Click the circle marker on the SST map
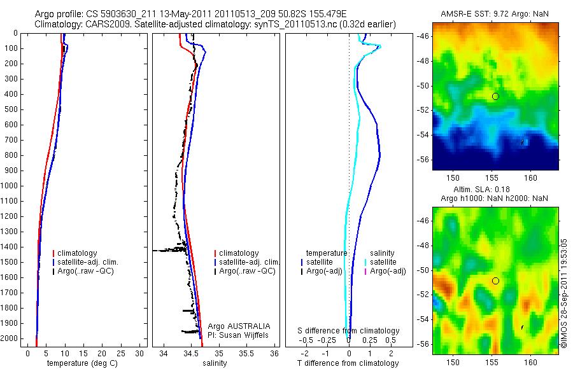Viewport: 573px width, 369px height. click(x=495, y=96)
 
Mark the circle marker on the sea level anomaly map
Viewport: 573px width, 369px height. click(x=495, y=281)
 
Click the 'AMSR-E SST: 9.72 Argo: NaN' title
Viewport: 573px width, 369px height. click(x=495, y=14)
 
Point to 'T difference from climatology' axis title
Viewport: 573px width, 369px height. click(x=348, y=363)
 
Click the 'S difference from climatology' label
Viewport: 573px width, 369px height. click(x=349, y=331)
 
